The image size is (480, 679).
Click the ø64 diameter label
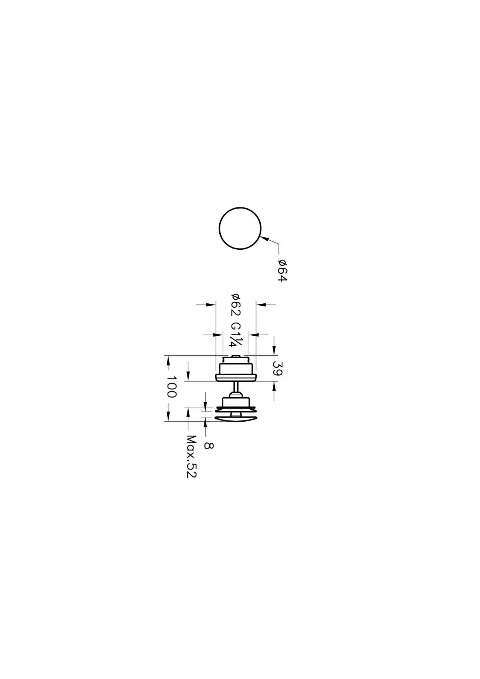[282, 271]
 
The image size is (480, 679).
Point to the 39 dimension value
[277, 368]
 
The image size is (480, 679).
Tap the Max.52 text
[192, 457]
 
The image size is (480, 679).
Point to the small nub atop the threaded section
[236, 356]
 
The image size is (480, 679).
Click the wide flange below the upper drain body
[236, 377]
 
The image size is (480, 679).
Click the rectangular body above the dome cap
[236, 402]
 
